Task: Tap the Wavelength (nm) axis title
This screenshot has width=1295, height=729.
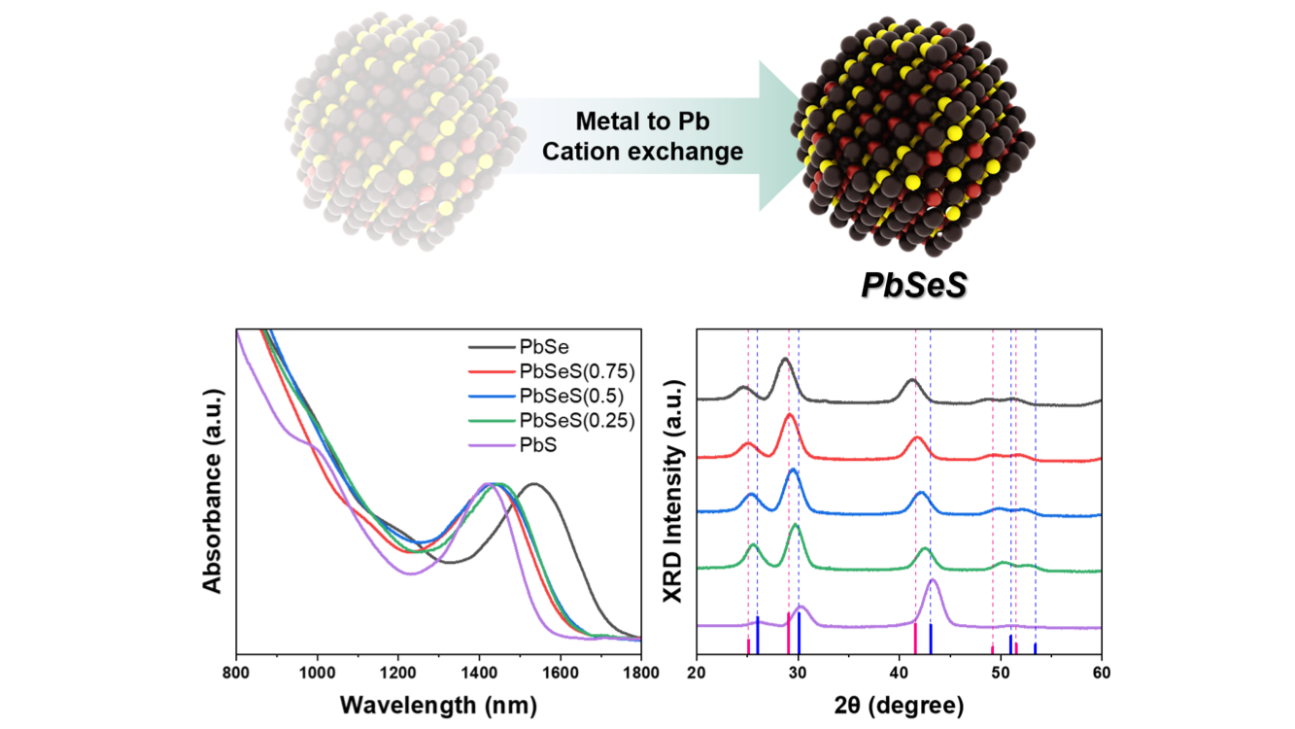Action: pyautogui.click(x=437, y=703)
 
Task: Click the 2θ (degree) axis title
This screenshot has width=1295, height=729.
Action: pyautogui.click(x=899, y=703)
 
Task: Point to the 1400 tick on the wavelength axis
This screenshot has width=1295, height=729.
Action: pyautogui.click(x=478, y=672)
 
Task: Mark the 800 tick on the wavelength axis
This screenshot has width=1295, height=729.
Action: pyautogui.click(x=236, y=672)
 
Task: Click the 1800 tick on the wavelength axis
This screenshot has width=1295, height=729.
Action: pyautogui.click(x=640, y=672)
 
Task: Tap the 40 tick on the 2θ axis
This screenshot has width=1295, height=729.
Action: pyautogui.click(x=899, y=672)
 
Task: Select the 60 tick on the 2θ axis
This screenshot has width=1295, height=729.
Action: pyautogui.click(x=1101, y=672)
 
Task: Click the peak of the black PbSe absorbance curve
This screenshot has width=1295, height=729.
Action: pyautogui.click(x=531, y=483)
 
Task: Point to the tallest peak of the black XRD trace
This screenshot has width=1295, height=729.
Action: pyautogui.click(x=785, y=360)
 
